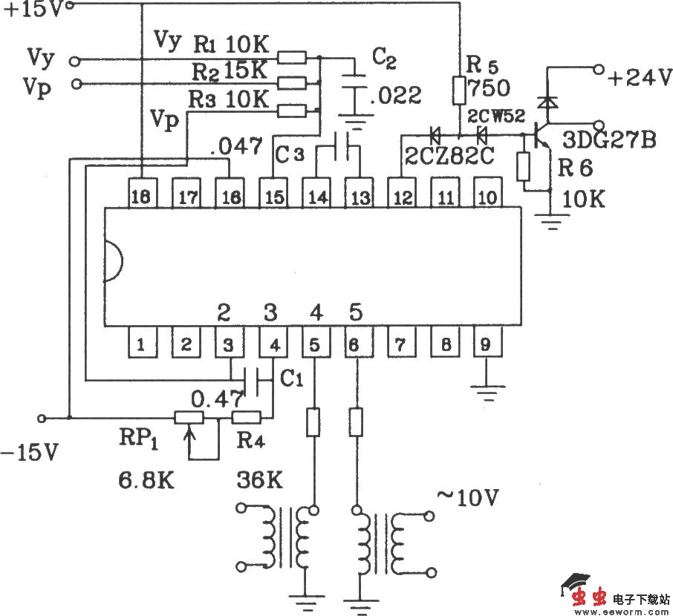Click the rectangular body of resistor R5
click(459, 91)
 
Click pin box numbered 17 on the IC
click(186, 197)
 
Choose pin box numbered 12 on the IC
click(402, 197)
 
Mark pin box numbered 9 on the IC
click(487, 344)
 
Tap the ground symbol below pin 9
click(487, 385)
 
